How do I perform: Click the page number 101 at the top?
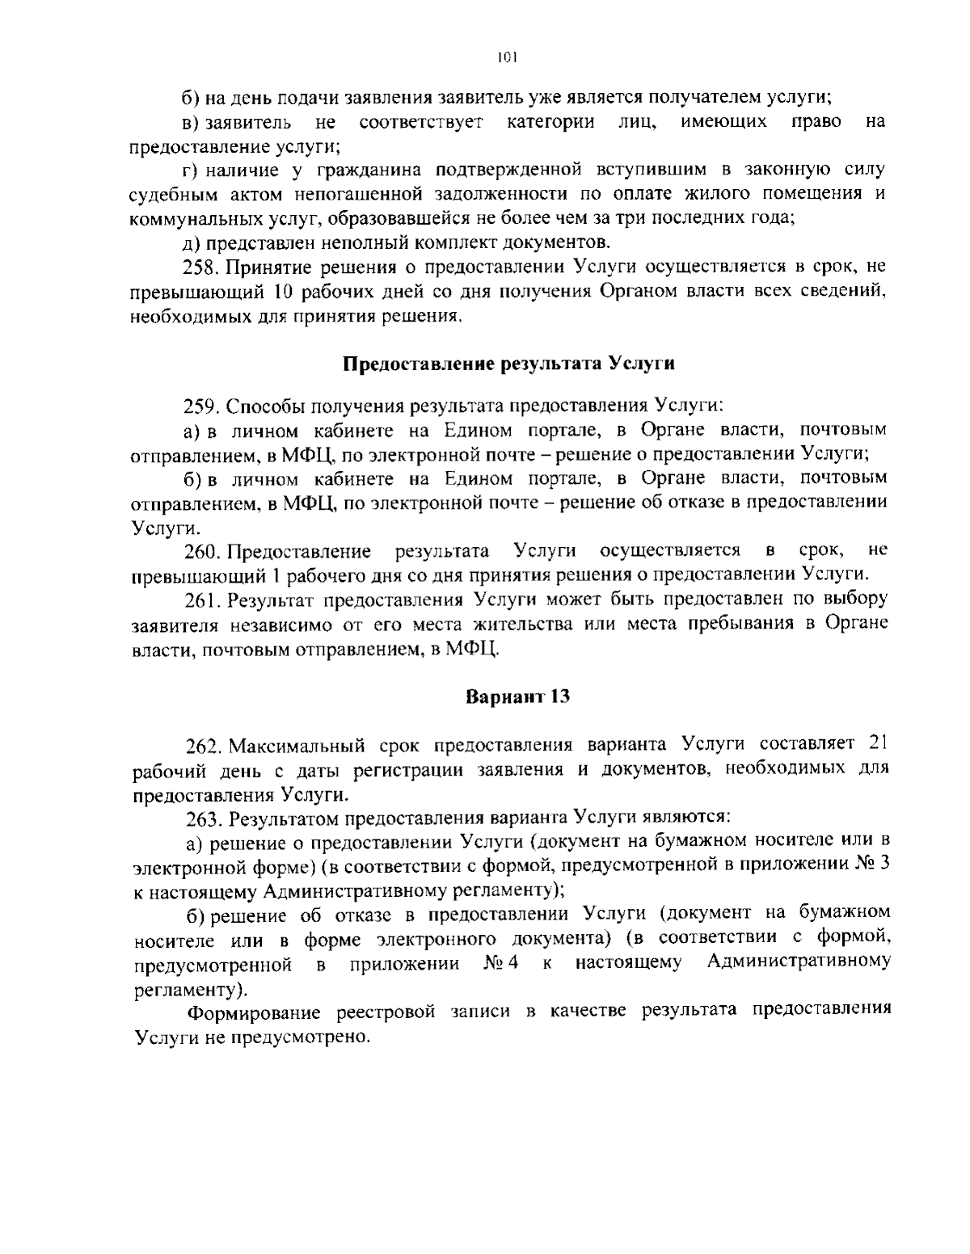click(x=507, y=57)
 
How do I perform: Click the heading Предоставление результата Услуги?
click(x=509, y=363)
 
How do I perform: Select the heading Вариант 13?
click(x=518, y=696)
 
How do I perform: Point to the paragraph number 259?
click(x=198, y=404)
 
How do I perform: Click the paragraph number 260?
click(x=202, y=551)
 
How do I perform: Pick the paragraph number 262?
click(x=202, y=744)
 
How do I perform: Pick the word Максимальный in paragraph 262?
click(x=297, y=744)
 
